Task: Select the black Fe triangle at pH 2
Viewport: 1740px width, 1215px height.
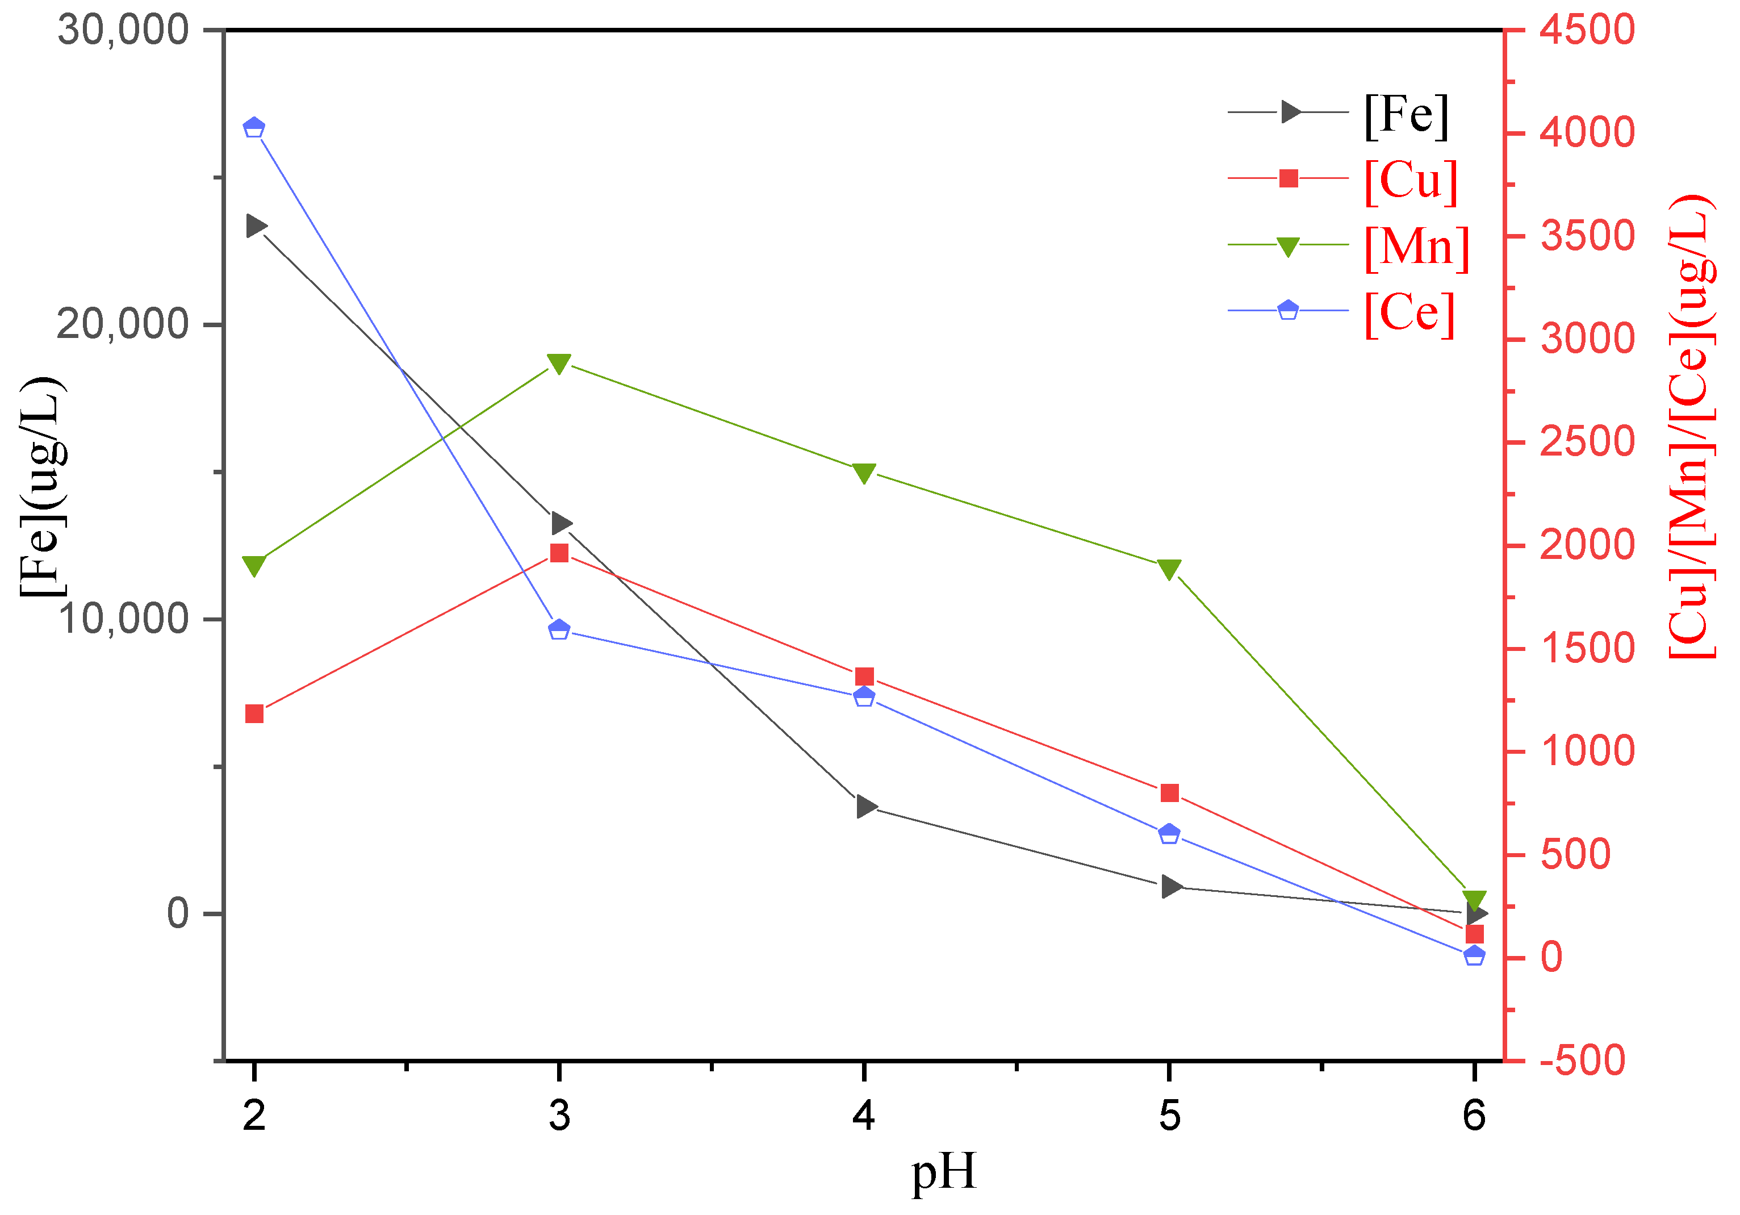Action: [256, 226]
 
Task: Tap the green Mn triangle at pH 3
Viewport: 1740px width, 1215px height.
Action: [559, 364]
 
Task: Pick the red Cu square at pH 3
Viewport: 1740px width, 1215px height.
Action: [559, 553]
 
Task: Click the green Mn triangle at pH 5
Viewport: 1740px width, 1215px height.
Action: [1169, 569]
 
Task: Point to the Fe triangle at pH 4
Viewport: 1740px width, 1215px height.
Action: [866, 807]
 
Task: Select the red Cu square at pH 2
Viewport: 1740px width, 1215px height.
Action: [254, 714]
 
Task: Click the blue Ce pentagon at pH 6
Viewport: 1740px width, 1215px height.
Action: [1474, 955]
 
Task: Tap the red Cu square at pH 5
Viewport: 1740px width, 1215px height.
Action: [1169, 793]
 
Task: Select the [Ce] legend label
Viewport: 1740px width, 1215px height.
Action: [1409, 312]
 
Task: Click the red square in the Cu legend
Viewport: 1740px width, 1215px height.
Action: [1289, 179]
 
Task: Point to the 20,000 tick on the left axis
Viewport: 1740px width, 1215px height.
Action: [123, 324]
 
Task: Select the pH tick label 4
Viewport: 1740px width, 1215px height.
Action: [864, 1116]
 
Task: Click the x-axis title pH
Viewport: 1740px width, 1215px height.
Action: [943, 1172]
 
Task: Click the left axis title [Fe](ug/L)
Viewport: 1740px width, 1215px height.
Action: [43, 487]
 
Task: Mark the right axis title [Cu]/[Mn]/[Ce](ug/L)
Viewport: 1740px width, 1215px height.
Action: [1692, 426]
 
